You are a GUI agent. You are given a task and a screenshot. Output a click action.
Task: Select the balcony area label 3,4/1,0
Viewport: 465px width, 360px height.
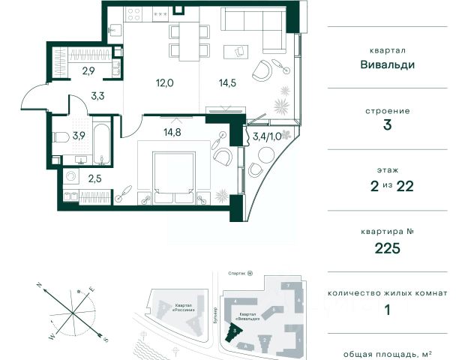point(267,137)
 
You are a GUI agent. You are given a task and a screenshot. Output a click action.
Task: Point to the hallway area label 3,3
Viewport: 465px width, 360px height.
point(98,94)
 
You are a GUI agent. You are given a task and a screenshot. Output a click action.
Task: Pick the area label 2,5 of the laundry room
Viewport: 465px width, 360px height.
point(94,179)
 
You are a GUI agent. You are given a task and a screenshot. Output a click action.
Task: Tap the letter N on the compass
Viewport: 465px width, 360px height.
point(37,285)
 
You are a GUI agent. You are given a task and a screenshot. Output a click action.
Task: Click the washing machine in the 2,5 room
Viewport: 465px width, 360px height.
point(70,178)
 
